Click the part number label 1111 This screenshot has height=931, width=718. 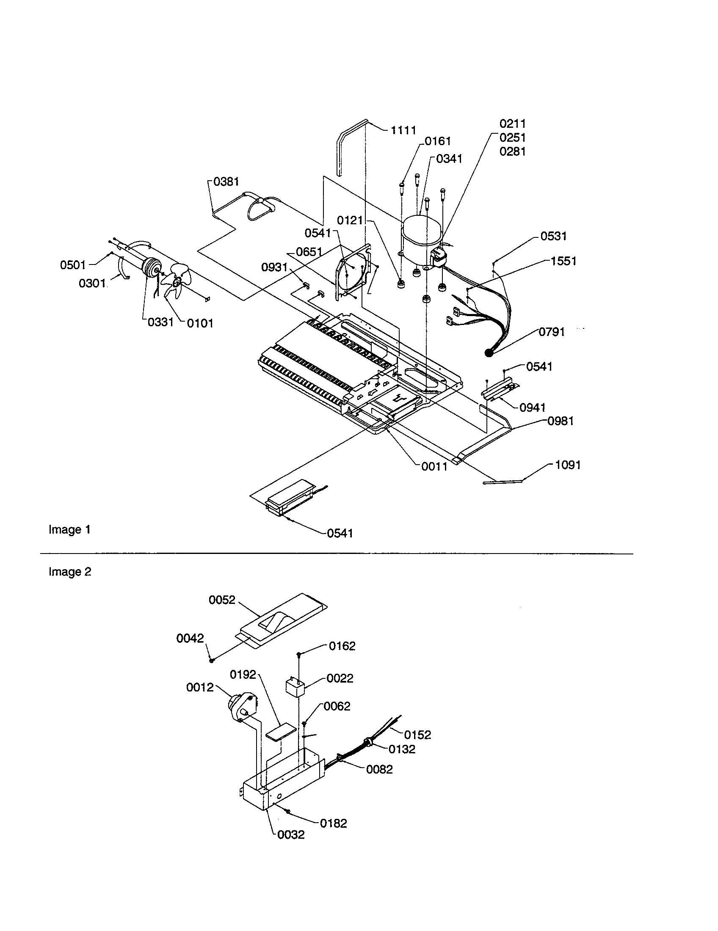(403, 130)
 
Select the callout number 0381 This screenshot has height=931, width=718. (226, 182)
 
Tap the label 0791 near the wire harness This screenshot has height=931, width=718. (552, 332)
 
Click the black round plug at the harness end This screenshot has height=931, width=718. (489, 353)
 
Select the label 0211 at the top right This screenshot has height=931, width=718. (513, 124)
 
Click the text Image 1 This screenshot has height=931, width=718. (69, 530)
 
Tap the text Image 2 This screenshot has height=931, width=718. (70, 572)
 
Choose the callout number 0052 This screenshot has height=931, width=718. (222, 600)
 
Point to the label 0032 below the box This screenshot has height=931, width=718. (291, 835)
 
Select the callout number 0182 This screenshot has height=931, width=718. (334, 823)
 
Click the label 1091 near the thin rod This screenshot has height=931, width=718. (567, 465)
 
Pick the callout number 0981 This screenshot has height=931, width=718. (560, 421)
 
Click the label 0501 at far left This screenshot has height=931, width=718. (73, 265)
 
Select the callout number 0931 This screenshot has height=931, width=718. (274, 267)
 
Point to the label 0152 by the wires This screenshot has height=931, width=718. (417, 735)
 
